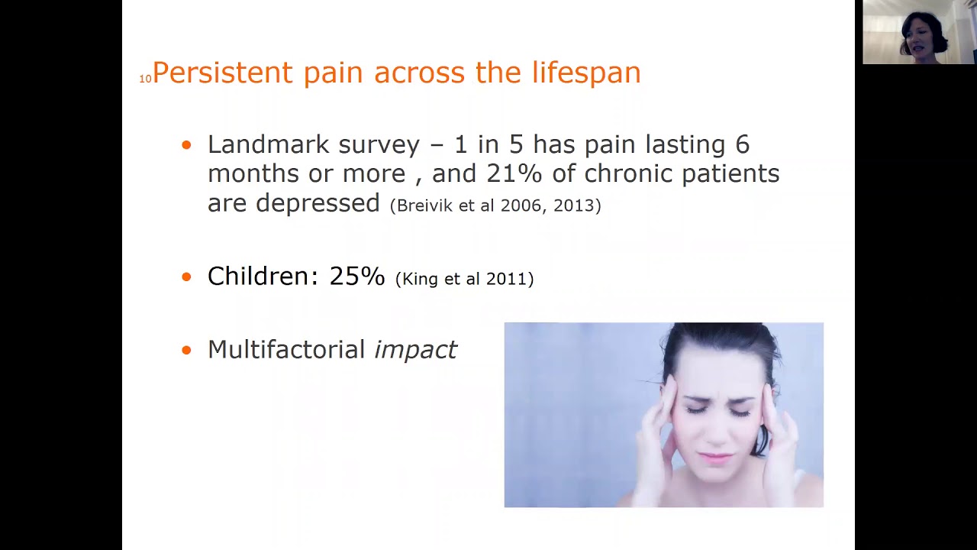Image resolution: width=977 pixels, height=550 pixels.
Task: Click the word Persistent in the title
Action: click(x=222, y=73)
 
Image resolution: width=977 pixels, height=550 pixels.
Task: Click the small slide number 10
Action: click(x=145, y=79)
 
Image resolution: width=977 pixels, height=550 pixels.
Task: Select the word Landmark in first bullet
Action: click(x=268, y=144)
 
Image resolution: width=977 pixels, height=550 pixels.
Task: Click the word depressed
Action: click(x=318, y=203)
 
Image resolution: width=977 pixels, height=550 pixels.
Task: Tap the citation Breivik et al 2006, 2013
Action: click(x=495, y=205)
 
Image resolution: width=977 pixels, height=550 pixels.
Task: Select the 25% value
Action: click(x=356, y=277)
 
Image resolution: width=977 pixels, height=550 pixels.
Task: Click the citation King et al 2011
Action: click(x=464, y=279)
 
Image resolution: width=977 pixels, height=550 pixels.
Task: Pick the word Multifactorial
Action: click(x=286, y=350)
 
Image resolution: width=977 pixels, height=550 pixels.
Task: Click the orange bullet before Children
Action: click(x=187, y=277)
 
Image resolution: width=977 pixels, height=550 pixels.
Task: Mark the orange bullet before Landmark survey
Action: click(x=187, y=145)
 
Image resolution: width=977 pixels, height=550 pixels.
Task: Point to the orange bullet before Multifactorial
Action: click(x=187, y=351)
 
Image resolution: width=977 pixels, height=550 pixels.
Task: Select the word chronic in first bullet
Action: click(x=629, y=173)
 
